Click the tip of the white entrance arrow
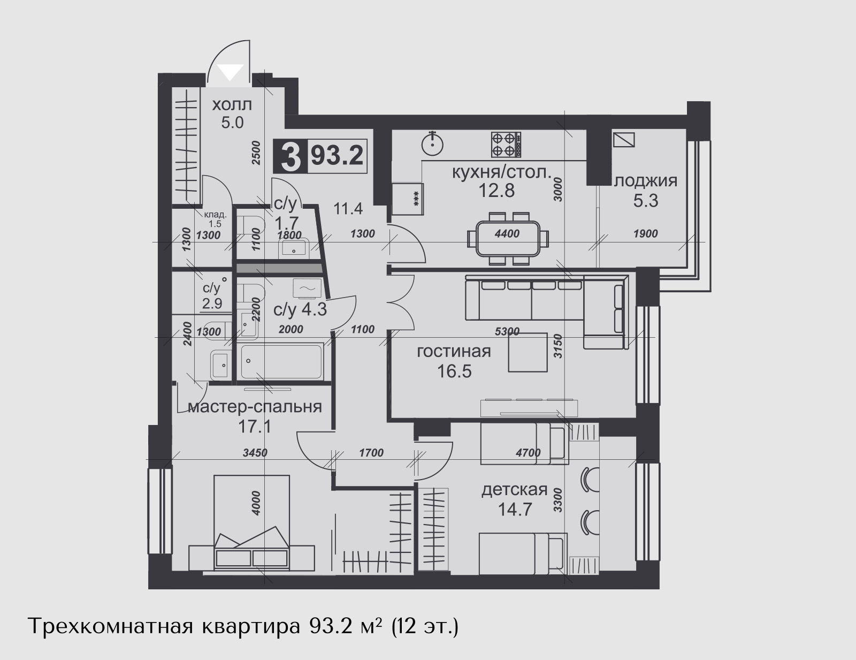pos(231,81)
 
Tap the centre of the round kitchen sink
pos(432,144)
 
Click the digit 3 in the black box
pos(291,157)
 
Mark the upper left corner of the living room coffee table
pos(508,333)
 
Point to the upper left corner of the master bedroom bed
pos(215,475)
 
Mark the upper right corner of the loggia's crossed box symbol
pos(635,133)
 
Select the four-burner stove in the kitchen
pos(506,144)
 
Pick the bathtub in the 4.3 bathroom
pos(281,362)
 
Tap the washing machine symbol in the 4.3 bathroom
pos(307,288)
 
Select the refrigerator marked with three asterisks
pos(408,199)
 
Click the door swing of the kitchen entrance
pos(410,240)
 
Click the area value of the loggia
pos(646,201)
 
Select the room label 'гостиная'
pos(454,352)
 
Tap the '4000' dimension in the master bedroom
pos(256,503)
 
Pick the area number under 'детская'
pos(515,510)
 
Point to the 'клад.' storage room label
pos(215,215)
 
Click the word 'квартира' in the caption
pos(251,627)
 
